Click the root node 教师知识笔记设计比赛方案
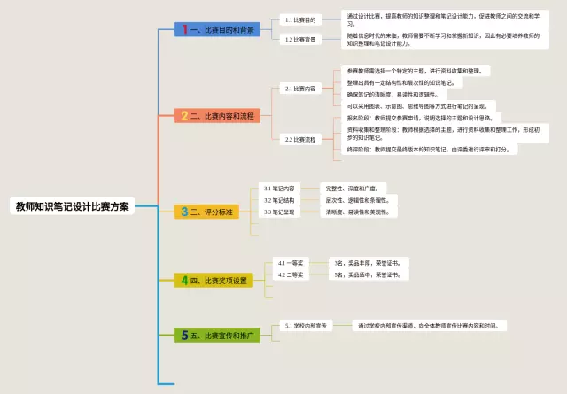pos(72,206)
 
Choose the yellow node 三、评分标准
pos(208,212)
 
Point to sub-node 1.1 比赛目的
pos(299,19)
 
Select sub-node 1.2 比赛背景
pos(299,39)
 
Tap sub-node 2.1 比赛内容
pos(299,89)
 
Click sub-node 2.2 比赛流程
pos(299,139)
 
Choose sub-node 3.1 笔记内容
pos(279,189)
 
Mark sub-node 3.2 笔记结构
pos(279,200)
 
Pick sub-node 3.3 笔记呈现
pos(279,212)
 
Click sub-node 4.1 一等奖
pos(291,263)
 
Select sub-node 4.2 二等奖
pos(291,275)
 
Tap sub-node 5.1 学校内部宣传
pos(306,326)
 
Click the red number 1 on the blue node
pos(184,29)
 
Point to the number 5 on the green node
pos(184,336)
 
